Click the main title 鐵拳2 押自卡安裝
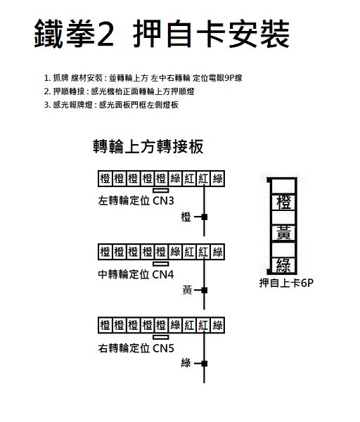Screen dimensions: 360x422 coord(162,34)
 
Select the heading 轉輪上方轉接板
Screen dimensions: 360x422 coord(148,147)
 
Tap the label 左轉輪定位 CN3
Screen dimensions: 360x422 coord(136,200)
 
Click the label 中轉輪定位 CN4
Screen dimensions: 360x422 coord(136,274)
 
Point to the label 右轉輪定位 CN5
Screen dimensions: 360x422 coord(136,348)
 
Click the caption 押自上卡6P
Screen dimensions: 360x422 coord(286,283)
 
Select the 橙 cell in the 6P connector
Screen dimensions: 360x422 coord(284,202)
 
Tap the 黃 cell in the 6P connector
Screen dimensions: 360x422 coord(284,233)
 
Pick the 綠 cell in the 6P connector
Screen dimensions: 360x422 coord(284,265)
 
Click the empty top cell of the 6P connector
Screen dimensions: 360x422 coord(284,186)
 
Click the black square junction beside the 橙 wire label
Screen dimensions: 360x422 coord(204,217)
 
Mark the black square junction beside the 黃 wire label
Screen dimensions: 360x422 coord(204,290)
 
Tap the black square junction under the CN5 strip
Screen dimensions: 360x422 coord(204,364)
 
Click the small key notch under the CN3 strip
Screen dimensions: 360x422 coord(161,191)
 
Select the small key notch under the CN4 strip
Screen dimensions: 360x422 coord(161,264)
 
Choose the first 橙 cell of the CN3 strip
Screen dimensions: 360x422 coord(105,179)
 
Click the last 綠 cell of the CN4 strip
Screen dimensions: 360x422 coord(217,252)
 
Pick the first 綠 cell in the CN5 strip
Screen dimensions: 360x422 coord(175,326)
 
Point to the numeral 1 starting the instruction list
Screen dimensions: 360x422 coord(46,78)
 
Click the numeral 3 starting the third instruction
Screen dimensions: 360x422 coord(47,105)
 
